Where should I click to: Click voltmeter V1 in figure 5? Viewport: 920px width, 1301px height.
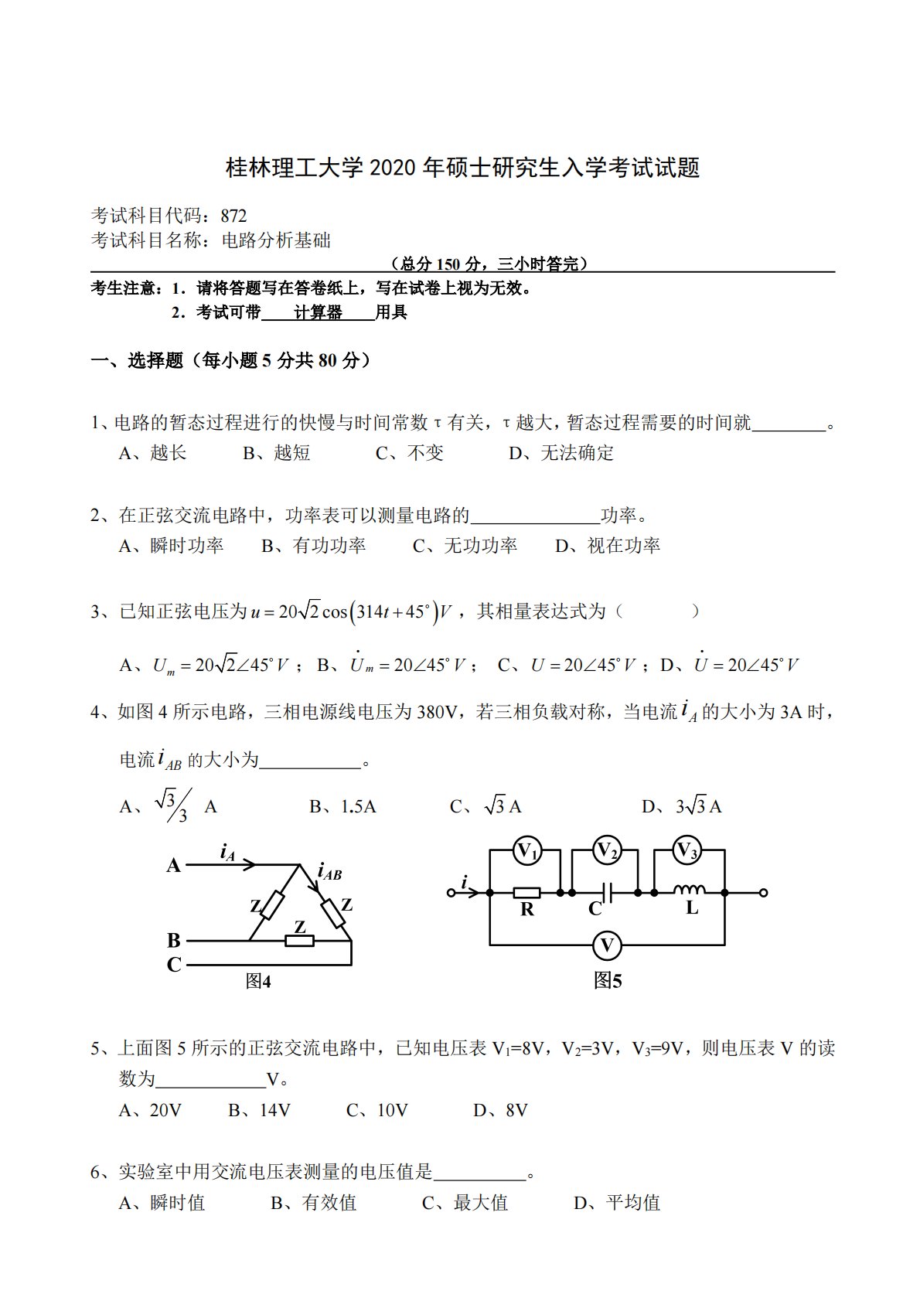click(x=526, y=851)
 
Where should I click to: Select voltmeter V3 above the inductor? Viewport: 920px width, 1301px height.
click(x=687, y=850)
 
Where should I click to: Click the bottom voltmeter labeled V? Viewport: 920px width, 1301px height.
click(x=607, y=945)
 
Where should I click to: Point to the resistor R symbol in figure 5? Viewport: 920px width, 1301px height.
click(x=526, y=893)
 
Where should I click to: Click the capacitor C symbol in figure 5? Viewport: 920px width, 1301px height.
click(x=609, y=893)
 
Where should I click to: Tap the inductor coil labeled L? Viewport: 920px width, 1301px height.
click(x=690, y=891)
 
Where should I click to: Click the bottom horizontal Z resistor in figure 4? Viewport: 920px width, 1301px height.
click(x=299, y=941)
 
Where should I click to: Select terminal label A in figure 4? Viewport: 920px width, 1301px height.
click(x=174, y=866)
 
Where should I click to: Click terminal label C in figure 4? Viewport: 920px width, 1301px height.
click(x=174, y=965)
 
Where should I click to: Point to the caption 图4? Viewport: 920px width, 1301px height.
click(x=257, y=982)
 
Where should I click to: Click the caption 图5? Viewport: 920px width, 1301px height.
click(x=608, y=981)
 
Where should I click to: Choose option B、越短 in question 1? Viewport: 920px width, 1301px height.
click(x=276, y=453)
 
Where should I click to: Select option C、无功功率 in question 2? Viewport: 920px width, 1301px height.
click(x=465, y=546)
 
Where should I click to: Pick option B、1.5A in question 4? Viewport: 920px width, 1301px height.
click(x=342, y=807)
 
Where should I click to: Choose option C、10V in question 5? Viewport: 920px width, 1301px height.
click(x=377, y=1111)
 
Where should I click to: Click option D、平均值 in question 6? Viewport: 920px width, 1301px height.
click(x=616, y=1203)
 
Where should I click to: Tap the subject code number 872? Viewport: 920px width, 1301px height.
click(x=233, y=216)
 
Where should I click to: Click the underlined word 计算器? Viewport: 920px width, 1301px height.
click(x=318, y=312)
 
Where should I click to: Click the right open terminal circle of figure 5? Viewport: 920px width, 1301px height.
click(x=763, y=893)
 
